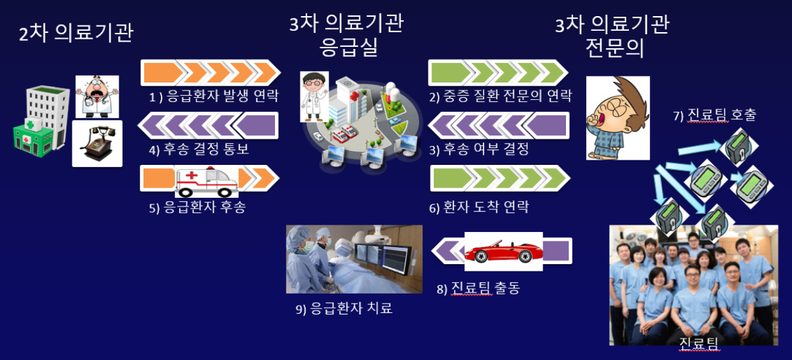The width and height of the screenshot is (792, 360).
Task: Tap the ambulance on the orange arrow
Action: (x=206, y=181)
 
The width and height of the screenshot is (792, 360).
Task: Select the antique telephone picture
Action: (x=97, y=143)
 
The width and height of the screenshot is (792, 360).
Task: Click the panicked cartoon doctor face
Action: (x=97, y=97)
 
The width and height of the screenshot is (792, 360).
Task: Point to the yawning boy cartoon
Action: (x=617, y=118)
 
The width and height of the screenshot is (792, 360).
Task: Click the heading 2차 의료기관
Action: (x=76, y=34)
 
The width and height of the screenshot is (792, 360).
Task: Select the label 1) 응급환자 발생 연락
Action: (x=213, y=96)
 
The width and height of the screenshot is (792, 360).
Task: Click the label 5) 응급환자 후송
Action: (x=197, y=207)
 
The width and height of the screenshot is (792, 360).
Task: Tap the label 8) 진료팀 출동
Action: (x=478, y=288)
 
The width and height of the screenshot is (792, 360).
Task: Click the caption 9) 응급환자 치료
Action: (x=344, y=308)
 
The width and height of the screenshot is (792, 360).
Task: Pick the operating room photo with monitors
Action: (x=354, y=259)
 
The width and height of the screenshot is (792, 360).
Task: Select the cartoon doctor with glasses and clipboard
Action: (x=314, y=96)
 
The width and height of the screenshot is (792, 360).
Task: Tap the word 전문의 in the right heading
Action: (x=614, y=49)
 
